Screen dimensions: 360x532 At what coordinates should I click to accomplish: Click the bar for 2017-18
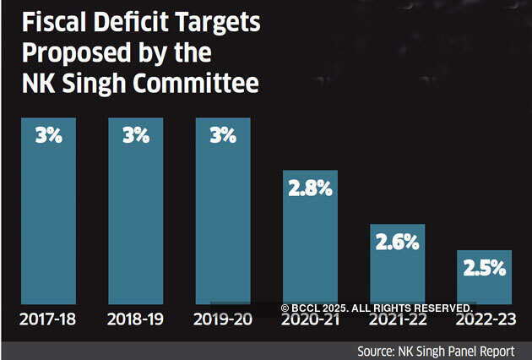[x=49, y=211]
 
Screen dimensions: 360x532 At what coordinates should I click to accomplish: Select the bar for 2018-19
[x=136, y=211]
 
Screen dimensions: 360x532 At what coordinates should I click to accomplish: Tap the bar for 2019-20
[x=223, y=211]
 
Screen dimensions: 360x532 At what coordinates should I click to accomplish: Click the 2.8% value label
[x=310, y=189]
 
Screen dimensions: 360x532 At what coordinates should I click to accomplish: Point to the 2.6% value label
[x=397, y=243]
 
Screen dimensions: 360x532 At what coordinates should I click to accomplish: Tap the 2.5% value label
[x=484, y=270]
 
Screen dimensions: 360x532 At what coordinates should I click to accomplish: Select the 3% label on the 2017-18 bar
[x=49, y=135]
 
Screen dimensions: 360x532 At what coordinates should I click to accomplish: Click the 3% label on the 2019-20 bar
[x=223, y=135]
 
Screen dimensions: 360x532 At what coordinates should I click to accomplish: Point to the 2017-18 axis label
[x=49, y=319]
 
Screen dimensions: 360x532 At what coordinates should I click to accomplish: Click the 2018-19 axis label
[x=136, y=319]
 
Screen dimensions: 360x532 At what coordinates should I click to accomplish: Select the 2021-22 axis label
[x=397, y=319]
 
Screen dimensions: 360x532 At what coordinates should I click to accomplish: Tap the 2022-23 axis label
[x=484, y=319]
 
